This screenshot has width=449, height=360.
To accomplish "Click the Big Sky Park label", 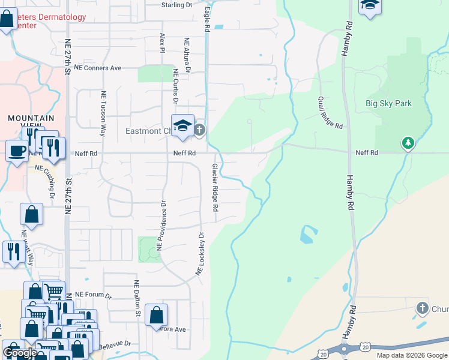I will pos(388,103).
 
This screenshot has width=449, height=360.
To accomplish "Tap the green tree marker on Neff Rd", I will pos(408,142).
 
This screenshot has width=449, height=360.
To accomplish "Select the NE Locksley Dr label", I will pos(200,254).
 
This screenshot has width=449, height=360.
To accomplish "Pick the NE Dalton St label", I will pos(137,298).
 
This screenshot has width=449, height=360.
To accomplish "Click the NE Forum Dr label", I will pos(94,296).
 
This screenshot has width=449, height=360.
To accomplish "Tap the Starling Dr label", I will pos(176,5).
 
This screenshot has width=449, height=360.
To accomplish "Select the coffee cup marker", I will pos(16,150).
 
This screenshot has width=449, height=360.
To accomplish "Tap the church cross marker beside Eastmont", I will pos(200,130).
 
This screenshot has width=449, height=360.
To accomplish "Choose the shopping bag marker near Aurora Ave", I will pos(156,314).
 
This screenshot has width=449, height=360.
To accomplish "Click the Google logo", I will pos(19,353).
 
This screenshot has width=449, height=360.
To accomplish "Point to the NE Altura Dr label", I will pos(187,55).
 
